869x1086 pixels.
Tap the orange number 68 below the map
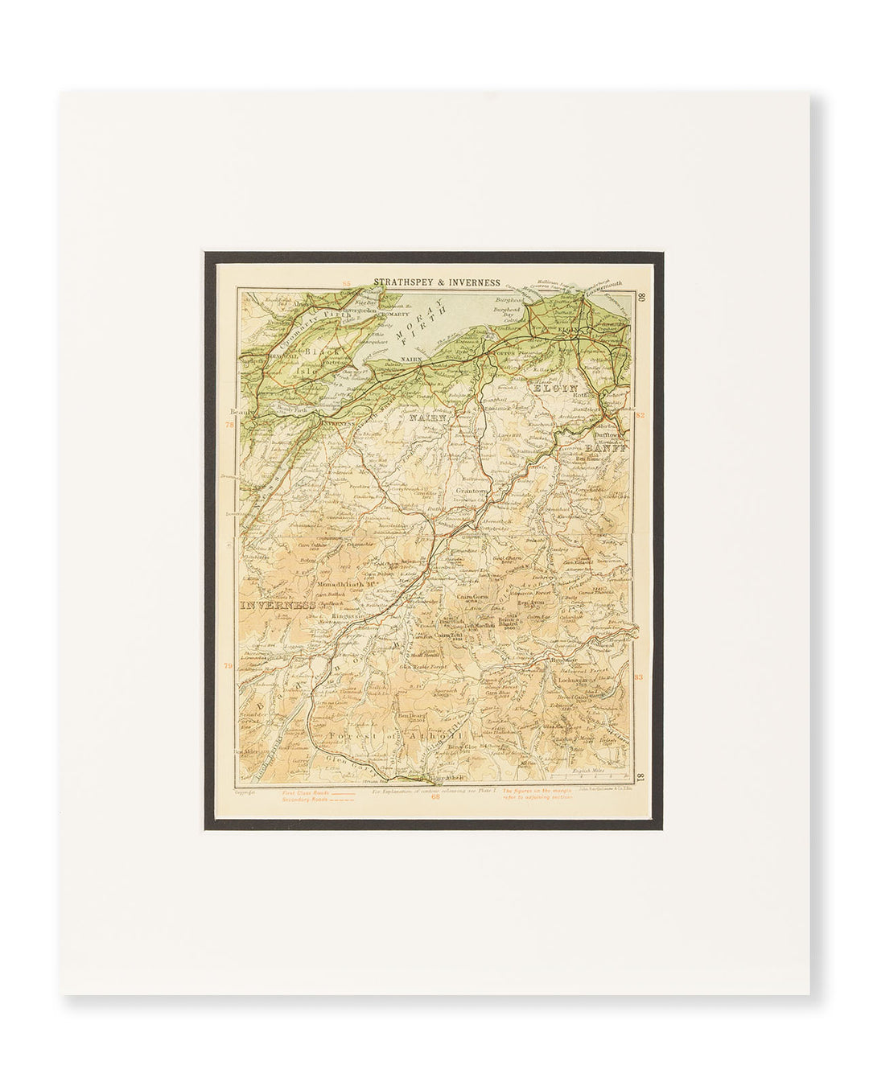[x=435, y=799]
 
